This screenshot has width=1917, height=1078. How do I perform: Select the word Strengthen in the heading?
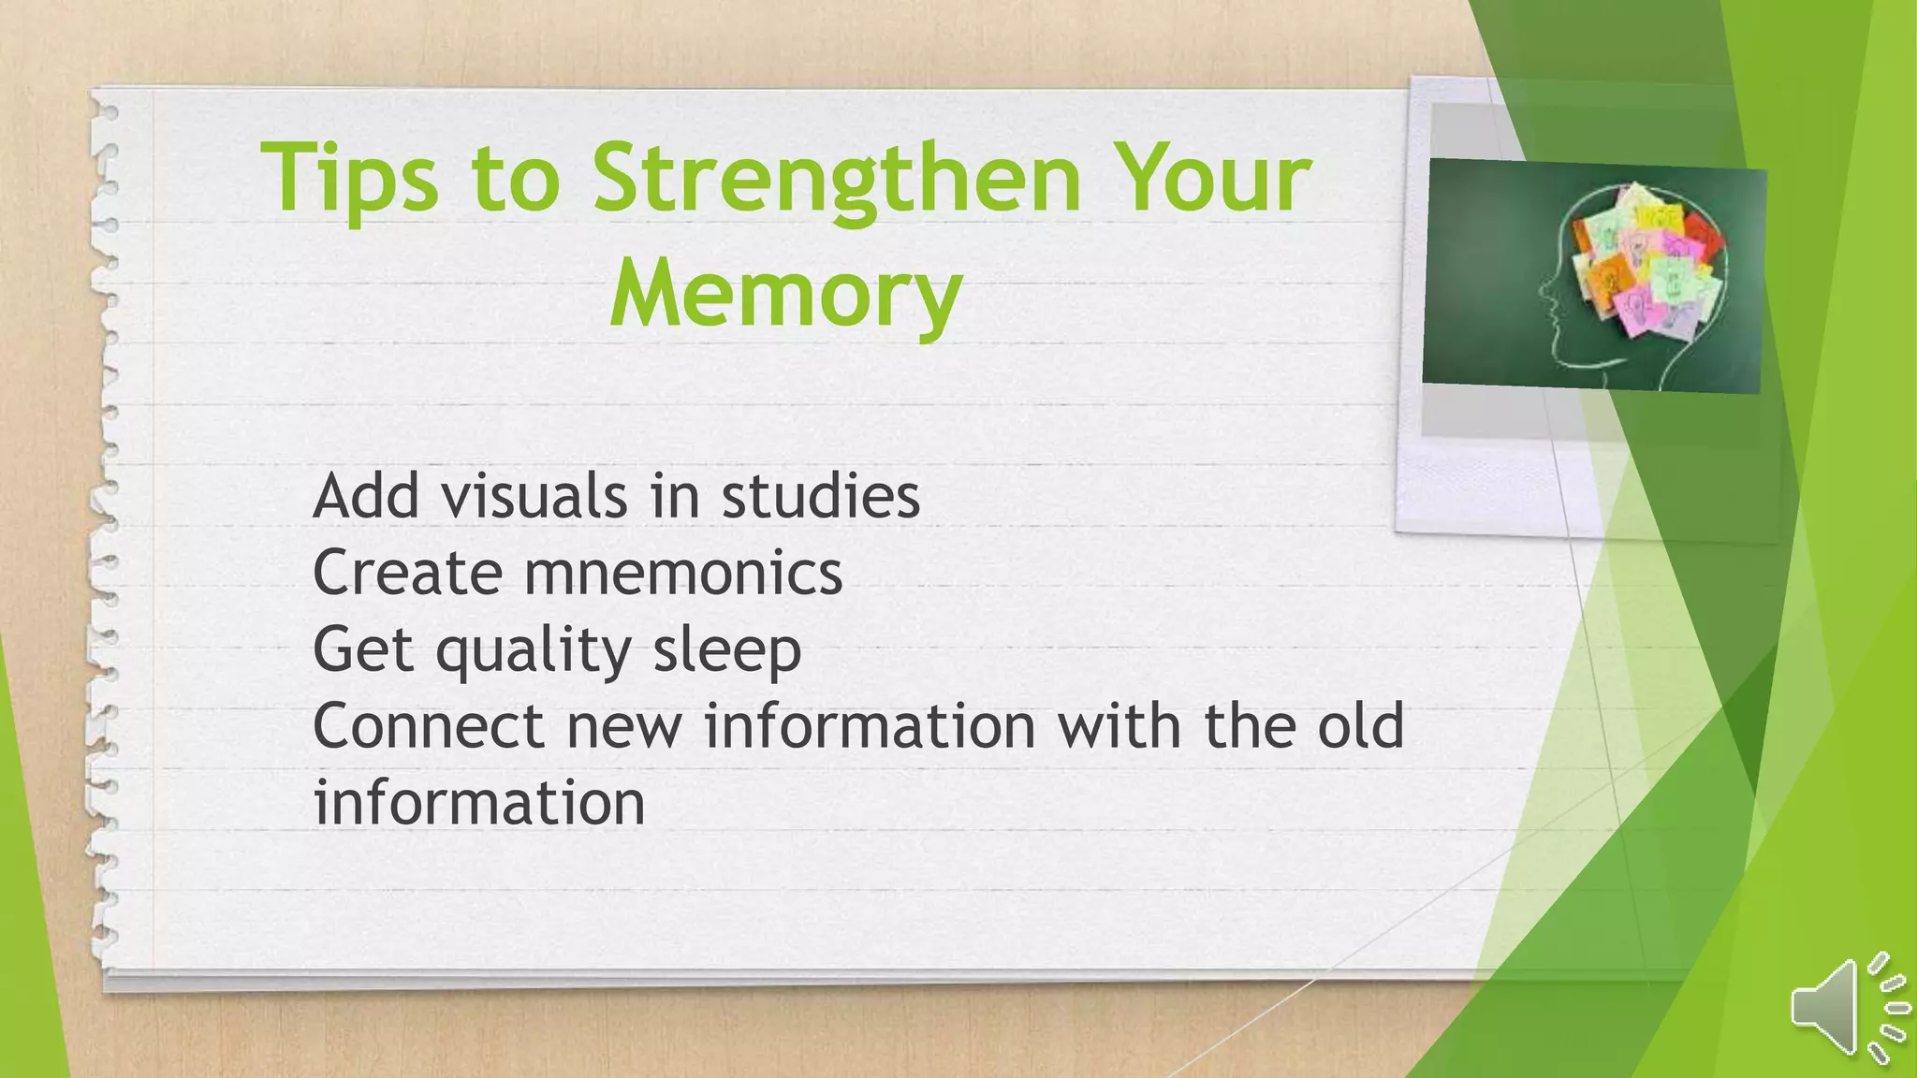[837, 178]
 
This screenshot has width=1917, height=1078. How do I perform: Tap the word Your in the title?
[1216, 178]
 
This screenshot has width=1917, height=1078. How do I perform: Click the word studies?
[821, 496]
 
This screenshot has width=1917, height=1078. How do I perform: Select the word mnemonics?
[683, 573]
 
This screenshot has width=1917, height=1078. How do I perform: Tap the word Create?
[407, 573]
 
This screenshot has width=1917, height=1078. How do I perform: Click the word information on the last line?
[479, 803]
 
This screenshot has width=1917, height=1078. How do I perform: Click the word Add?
[366, 496]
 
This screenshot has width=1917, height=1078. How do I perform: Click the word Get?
[363, 649]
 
